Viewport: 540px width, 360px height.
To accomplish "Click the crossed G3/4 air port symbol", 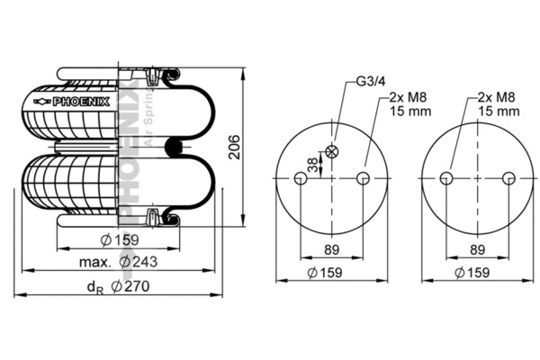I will point(332,151).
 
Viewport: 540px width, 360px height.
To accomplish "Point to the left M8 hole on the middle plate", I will point(301,178).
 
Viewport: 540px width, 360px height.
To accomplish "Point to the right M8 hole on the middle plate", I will point(363,178).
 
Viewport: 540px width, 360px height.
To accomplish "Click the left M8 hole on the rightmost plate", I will point(446,178).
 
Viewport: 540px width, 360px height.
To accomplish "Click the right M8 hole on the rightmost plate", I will point(508,178).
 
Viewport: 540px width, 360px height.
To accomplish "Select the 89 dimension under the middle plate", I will point(332,249).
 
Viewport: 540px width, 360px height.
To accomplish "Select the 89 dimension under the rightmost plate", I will point(477,249).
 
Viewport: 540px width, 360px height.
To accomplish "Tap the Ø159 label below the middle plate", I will point(327,272).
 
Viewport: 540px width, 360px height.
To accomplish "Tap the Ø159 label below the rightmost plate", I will point(472,272).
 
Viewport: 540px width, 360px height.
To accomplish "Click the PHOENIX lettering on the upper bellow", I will point(81,102).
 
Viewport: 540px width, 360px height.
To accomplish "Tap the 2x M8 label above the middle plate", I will point(407,97).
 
